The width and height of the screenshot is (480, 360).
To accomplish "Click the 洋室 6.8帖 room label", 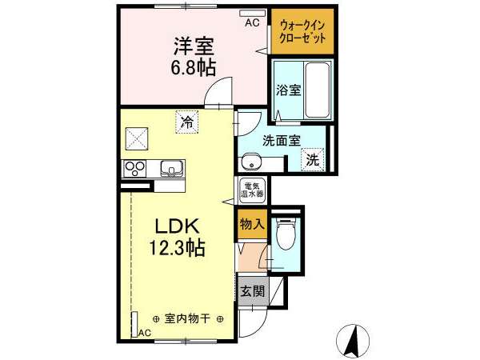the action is tap(194, 57).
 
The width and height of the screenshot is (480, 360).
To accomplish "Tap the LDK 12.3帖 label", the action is tap(178, 237).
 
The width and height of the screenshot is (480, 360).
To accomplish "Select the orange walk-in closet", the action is tap(302, 31).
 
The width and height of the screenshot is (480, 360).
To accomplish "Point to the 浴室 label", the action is tap(288, 90).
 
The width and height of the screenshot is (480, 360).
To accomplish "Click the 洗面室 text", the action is tap(282, 141).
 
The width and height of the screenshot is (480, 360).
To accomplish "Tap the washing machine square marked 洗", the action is tap(313, 159).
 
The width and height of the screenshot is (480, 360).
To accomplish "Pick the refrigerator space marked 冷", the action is tap(187, 122).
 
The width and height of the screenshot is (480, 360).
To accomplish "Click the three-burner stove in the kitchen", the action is tap(134, 169).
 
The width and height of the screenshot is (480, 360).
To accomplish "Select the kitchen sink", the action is tap(172, 168).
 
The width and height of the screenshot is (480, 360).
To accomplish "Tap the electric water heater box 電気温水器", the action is tap(252, 190).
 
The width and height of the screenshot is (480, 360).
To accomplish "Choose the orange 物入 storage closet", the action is tap(252, 225).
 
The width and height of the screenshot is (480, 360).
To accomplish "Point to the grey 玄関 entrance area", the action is tap(253, 291).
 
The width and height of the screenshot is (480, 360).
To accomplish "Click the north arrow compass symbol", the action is tap(353, 341).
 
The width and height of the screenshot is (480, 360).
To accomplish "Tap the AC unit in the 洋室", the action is tap(252, 14).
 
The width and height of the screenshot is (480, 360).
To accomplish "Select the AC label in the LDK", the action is tap(145, 333).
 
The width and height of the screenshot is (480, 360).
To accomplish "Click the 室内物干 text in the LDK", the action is tap(187, 319).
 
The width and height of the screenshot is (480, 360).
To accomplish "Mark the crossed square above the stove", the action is tap(137, 138).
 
